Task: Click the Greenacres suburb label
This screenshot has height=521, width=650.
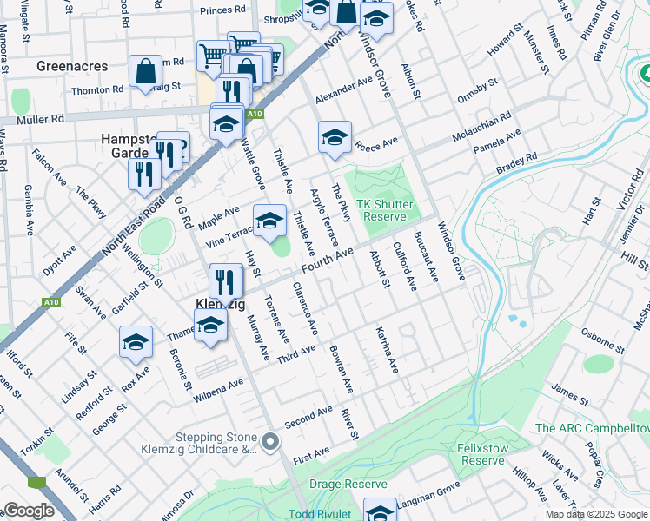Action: tap(72, 66)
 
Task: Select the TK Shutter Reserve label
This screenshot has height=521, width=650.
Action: tap(385, 209)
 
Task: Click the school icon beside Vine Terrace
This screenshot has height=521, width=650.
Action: tap(269, 222)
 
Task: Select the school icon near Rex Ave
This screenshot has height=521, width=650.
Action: tap(136, 343)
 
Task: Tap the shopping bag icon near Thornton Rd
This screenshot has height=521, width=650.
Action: tap(146, 72)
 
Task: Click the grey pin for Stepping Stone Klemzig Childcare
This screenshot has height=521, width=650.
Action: tap(271, 443)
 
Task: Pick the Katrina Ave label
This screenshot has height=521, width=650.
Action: tap(387, 350)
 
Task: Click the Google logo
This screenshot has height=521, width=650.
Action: tap(29, 511)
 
